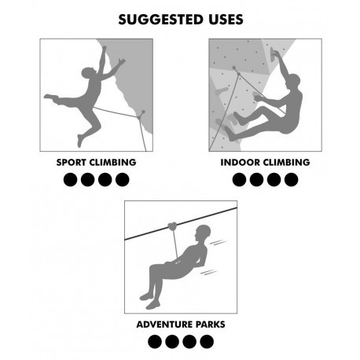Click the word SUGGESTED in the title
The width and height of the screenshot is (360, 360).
[161, 20]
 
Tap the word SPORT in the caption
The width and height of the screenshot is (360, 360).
[71, 162]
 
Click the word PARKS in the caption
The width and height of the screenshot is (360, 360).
[211, 325]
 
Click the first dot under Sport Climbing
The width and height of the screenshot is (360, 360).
[70, 180]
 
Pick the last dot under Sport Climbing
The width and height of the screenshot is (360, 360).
[123, 180]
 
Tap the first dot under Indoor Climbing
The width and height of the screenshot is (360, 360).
[239, 180]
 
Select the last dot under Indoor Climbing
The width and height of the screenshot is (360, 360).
[292, 180]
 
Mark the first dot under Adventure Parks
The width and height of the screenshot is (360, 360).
[155, 342]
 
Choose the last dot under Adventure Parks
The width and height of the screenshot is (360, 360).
[207, 342]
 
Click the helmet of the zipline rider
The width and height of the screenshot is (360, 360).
[204, 232]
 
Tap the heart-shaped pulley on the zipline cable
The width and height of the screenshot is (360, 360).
[172, 226]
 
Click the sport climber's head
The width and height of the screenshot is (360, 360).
[88, 72]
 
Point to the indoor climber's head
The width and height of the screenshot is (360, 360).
[293, 81]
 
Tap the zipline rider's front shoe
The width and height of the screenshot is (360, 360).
[153, 305]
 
